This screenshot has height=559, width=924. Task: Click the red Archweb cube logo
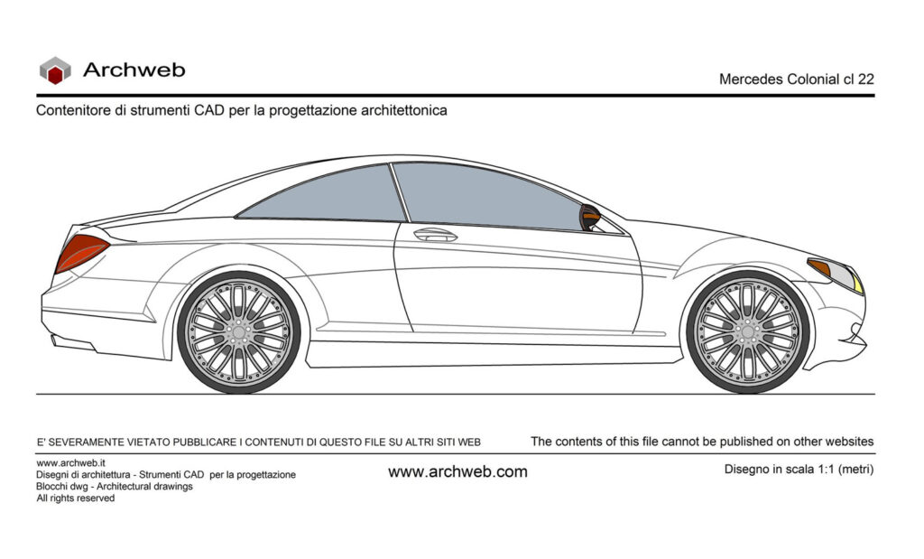tap(55, 70)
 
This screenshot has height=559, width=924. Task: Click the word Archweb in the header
tap(134, 70)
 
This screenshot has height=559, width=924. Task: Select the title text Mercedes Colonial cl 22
tap(796, 79)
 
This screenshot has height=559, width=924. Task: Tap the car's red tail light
tap(81, 252)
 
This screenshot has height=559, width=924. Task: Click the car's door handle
tap(436, 235)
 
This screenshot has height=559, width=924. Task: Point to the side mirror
tap(589, 218)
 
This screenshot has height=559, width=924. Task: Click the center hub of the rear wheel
tap(238, 332)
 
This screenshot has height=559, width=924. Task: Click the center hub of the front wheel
tap(748, 332)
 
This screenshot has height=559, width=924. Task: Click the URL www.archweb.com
tap(457, 471)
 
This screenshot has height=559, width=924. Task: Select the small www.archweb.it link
tap(70, 463)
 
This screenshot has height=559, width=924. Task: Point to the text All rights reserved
tap(76, 498)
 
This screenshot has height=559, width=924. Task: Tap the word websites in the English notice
tap(849, 441)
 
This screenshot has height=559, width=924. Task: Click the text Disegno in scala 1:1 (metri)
tap(799, 470)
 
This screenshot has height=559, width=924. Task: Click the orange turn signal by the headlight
tap(819, 267)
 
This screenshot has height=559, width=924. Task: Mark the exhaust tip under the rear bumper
tap(72, 342)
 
